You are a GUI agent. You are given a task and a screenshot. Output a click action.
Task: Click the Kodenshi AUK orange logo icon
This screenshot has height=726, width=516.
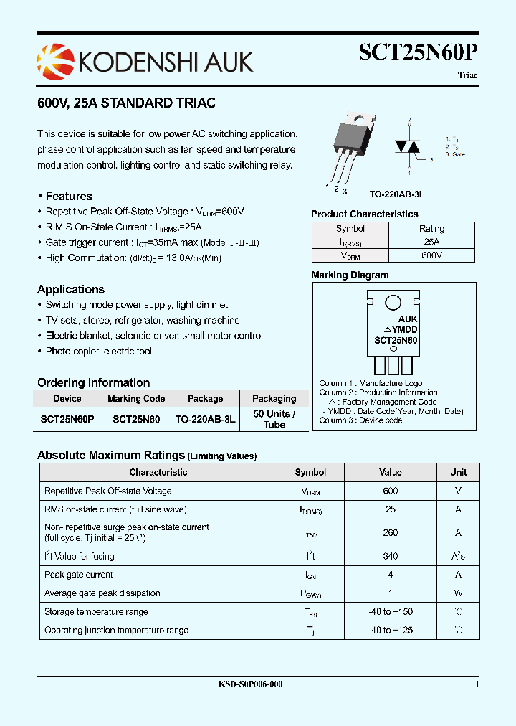[56, 60]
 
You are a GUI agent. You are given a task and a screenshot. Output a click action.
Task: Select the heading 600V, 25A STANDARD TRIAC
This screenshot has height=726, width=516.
[126, 103]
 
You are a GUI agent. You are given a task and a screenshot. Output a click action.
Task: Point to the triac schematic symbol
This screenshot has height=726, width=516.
[410, 146]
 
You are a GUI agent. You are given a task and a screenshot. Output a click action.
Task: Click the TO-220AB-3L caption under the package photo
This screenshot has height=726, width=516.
[397, 194]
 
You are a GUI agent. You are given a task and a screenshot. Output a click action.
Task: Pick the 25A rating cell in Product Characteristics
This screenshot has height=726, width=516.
[431, 242]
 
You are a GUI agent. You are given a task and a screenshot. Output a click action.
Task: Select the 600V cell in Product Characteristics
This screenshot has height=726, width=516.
[431, 255]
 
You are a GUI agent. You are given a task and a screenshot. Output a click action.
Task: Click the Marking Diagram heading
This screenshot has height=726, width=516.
[350, 275]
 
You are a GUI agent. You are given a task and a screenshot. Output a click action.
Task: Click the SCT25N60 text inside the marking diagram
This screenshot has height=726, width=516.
[396, 340]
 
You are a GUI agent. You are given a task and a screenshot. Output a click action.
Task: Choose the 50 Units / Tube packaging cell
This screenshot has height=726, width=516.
[274, 419]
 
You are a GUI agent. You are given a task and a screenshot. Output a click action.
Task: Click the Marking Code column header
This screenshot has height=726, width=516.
[136, 399]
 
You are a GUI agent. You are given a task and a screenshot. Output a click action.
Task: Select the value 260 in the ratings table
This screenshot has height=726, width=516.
[390, 532]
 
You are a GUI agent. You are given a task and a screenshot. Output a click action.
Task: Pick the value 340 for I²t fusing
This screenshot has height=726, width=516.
[390, 556]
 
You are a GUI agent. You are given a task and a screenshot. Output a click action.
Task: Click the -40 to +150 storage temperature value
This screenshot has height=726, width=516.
[390, 612]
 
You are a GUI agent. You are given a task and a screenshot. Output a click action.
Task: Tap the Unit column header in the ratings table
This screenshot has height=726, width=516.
[458, 472]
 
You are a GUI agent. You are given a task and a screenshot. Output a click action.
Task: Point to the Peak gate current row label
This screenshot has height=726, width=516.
[78, 575]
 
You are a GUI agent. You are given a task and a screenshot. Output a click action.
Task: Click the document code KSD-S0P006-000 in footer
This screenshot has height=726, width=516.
[250, 684]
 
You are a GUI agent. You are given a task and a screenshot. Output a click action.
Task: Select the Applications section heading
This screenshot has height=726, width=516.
[71, 289]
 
